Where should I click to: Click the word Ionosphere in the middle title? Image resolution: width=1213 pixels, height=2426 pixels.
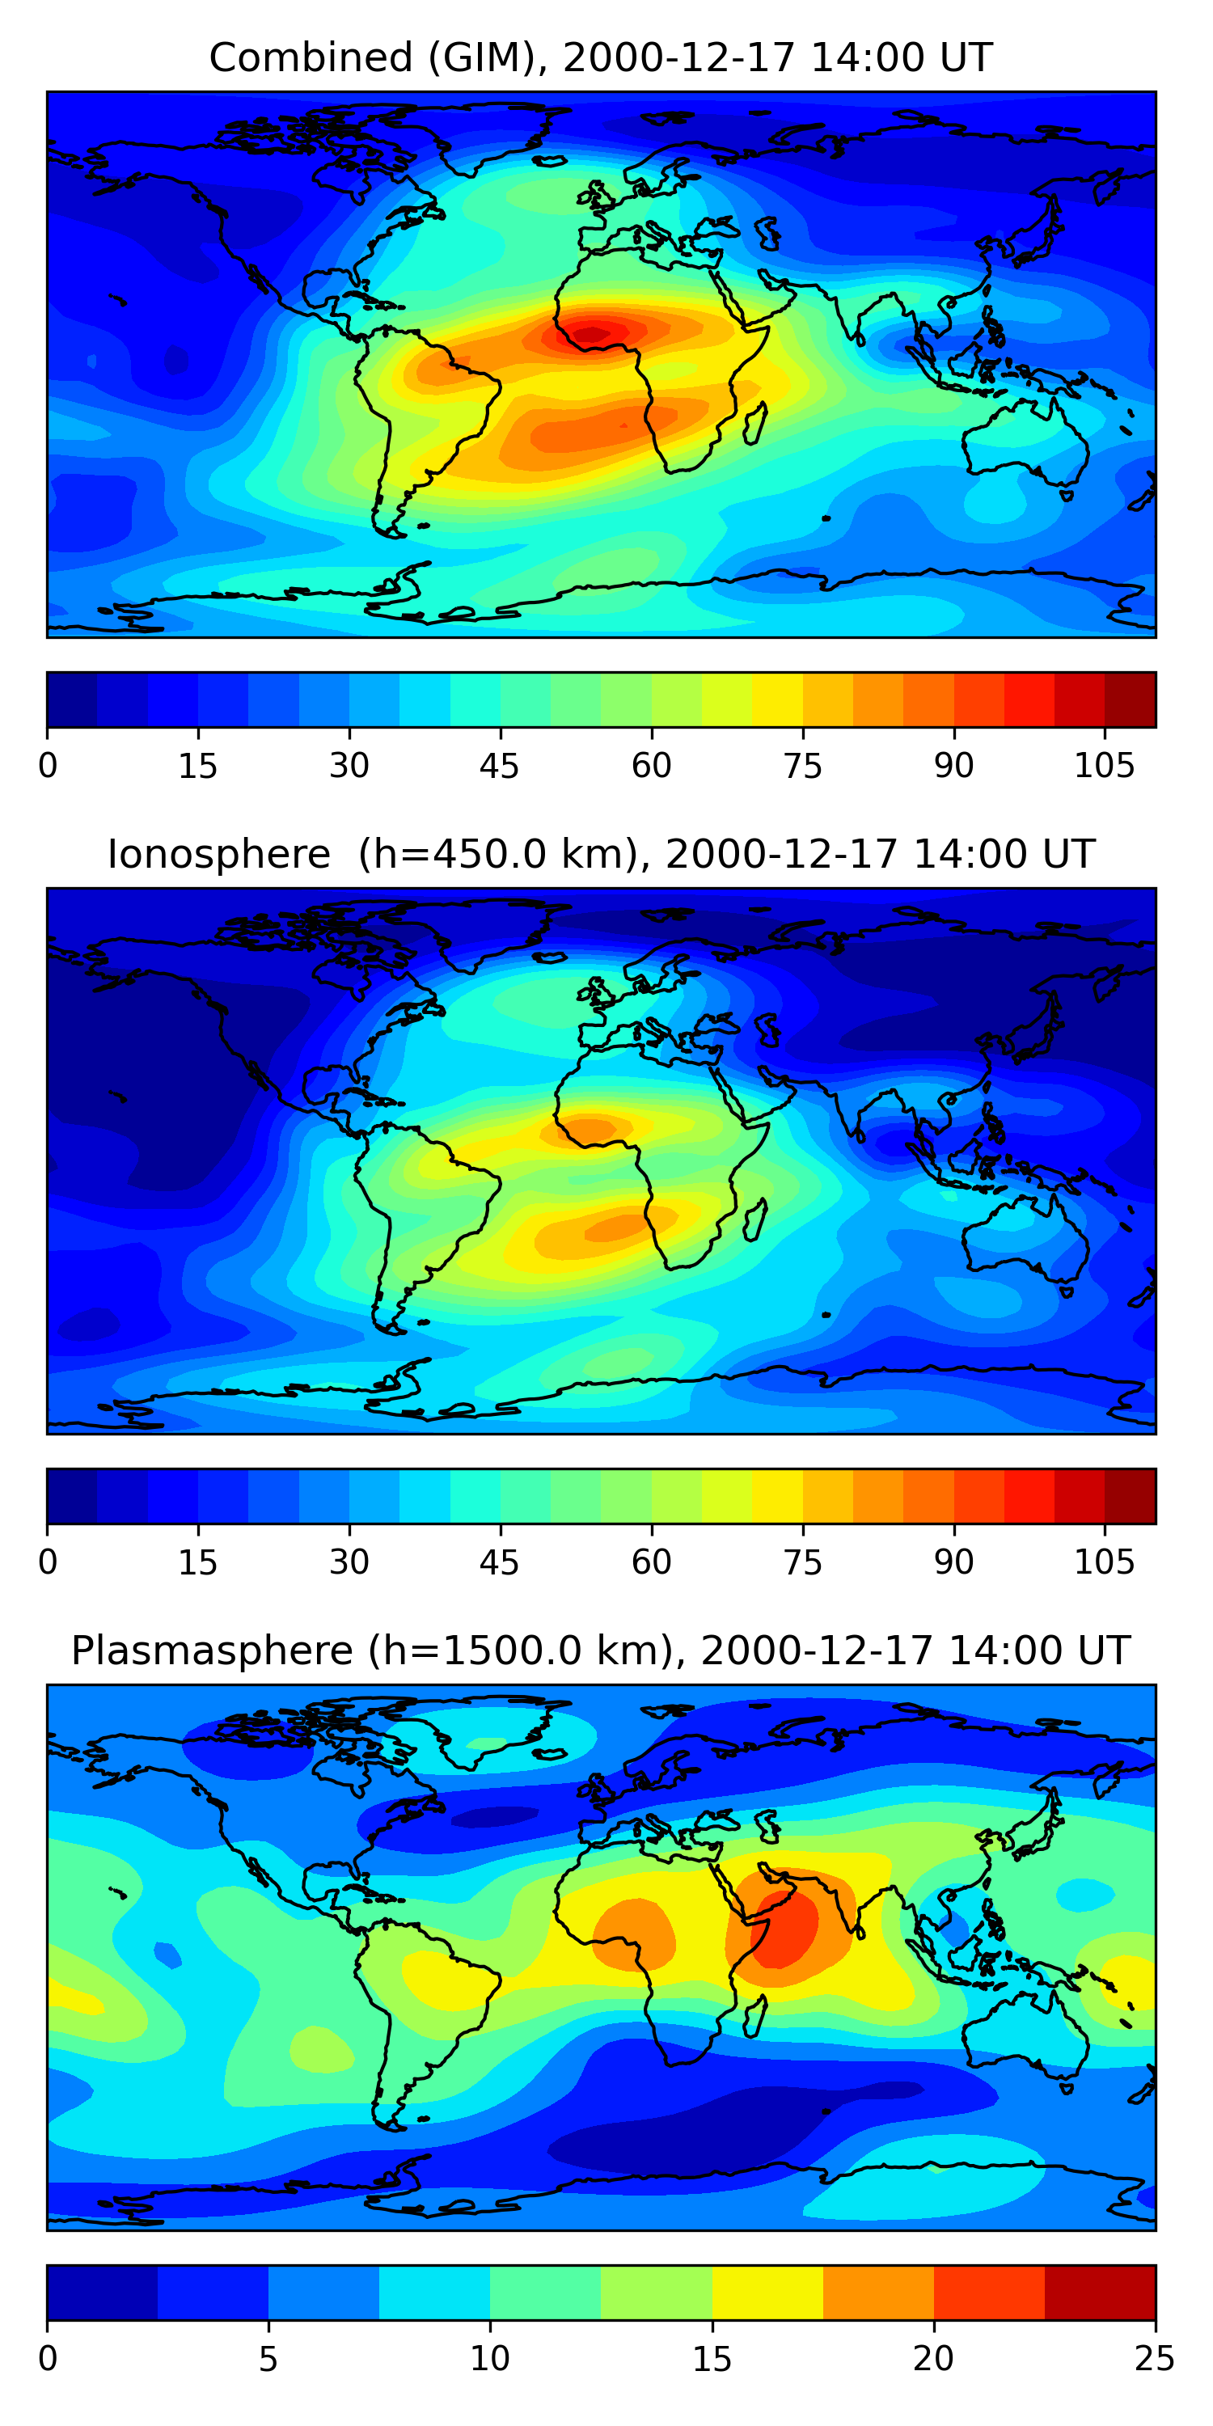coord(218,854)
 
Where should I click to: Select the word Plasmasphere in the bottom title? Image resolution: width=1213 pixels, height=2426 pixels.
coord(212,1651)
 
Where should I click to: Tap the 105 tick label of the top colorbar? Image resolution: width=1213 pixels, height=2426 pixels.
coord(1104,766)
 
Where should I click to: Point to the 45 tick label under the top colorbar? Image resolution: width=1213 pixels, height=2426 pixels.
coord(499,766)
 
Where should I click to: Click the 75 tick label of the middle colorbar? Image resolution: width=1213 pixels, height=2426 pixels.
coord(802,1562)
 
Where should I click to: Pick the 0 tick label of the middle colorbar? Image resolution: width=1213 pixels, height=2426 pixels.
coord(48,1562)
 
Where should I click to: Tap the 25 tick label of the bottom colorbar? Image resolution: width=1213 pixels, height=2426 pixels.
coord(1155,2359)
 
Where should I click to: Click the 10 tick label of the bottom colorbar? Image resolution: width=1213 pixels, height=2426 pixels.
coord(490,2359)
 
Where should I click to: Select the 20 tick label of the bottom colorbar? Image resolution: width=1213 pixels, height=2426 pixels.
coord(933,2359)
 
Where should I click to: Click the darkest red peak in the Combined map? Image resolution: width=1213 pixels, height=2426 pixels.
coord(591,332)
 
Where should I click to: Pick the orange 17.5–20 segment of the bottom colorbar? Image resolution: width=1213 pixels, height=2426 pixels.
coord(877,2293)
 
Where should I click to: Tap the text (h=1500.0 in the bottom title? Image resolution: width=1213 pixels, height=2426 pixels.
coord(518,1651)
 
